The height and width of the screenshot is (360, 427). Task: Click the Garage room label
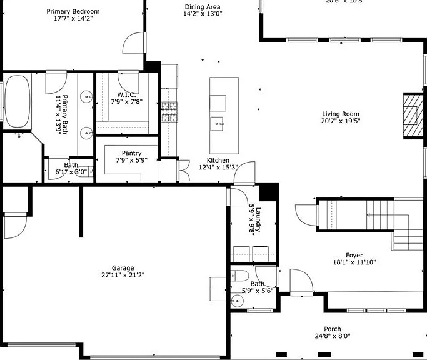coord(123,267)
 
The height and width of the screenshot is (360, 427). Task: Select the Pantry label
coord(131,152)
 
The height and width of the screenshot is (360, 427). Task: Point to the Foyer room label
coord(354,255)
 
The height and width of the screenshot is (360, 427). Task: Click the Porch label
coord(332,329)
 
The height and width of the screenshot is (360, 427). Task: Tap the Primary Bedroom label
coord(73,11)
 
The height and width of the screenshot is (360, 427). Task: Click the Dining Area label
coord(202,7)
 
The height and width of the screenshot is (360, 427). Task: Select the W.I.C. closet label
coord(128,94)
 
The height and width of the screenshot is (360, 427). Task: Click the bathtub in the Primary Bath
coord(17,102)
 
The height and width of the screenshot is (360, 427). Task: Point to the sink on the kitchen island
coord(218,122)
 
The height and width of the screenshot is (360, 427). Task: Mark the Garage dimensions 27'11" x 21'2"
coord(123,275)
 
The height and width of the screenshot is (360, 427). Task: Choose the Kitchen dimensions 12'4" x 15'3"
coord(218,167)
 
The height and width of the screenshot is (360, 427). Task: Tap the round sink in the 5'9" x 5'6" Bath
coord(235,301)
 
